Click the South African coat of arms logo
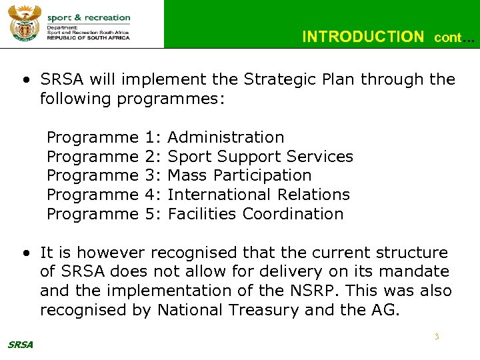[24, 23]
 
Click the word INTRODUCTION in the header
[362, 37]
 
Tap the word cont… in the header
[454, 38]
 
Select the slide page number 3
[437, 337]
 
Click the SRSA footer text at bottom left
[20, 345]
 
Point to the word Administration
[226, 137]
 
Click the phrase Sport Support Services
[260, 157]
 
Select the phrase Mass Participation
[239, 175]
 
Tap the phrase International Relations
[259, 195]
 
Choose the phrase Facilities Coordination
[255, 214]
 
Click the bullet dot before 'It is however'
[25, 253]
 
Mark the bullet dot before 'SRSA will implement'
[25, 80]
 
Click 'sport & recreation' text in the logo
[89, 17]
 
